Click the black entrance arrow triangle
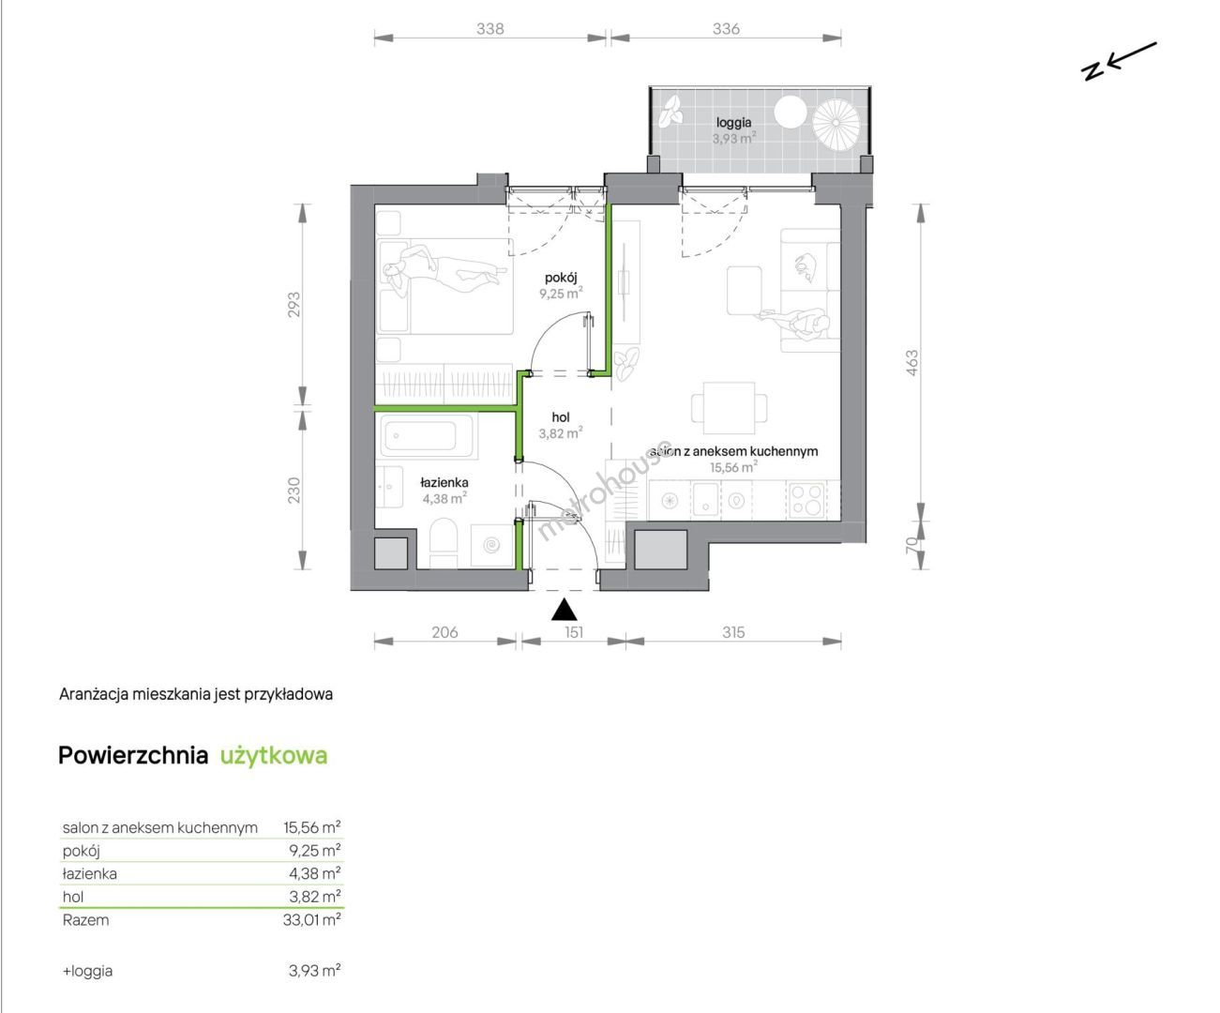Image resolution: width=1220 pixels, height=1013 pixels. point(564,609)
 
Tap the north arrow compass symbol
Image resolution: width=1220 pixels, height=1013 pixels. point(1119,61)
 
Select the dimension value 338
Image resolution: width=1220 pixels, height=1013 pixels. point(490,29)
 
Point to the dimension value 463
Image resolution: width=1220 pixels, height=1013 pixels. point(911,362)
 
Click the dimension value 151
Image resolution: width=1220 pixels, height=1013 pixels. point(574,632)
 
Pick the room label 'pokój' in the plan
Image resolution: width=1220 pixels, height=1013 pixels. point(561,277)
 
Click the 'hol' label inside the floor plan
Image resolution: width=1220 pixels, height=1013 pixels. point(561,416)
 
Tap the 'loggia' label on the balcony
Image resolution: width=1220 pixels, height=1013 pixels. point(734,123)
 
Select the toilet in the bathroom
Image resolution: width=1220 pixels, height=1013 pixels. point(444,542)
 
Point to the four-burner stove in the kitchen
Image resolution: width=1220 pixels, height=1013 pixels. point(806,500)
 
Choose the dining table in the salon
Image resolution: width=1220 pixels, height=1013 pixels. point(730,408)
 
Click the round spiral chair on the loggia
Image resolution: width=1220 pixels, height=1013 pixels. point(836,122)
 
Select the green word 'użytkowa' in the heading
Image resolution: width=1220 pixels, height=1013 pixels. point(274,756)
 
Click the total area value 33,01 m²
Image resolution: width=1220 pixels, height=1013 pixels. point(312,920)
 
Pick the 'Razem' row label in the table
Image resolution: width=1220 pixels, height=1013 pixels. point(85,920)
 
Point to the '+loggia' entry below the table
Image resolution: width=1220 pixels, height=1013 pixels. point(87,972)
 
